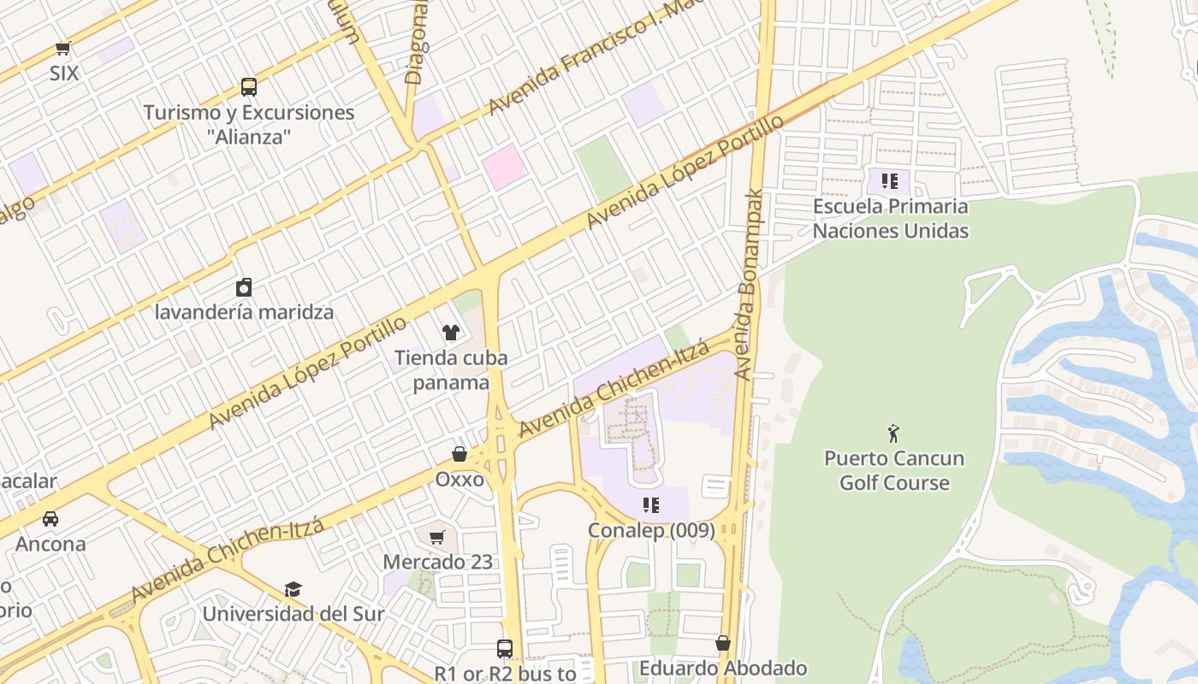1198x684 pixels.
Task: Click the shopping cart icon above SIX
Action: point(62,49)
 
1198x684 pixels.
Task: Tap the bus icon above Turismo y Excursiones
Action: point(248,86)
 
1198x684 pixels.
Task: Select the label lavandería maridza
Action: point(244,311)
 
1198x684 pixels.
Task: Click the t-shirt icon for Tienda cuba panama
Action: point(450,332)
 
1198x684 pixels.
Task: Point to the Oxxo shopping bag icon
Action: point(460,454)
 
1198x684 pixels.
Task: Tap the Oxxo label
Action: point(460,479)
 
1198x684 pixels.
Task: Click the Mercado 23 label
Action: point(437,562)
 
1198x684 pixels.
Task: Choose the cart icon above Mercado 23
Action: point(437,537)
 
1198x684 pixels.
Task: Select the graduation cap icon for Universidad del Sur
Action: point(294,589)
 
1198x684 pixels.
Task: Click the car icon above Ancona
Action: point(50,518)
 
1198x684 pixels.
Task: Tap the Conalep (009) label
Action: point(651,530)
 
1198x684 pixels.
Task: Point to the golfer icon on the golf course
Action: point(894,433)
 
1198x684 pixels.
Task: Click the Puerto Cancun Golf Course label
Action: point(894,470)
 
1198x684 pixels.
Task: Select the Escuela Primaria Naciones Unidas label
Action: point(890,218)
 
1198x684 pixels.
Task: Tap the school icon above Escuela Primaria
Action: point(890,181)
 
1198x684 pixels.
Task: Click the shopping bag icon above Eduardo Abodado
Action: point(723,643)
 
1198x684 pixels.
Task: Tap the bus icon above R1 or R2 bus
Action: point(505,649)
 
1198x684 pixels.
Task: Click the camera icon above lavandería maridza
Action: point(244,286)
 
